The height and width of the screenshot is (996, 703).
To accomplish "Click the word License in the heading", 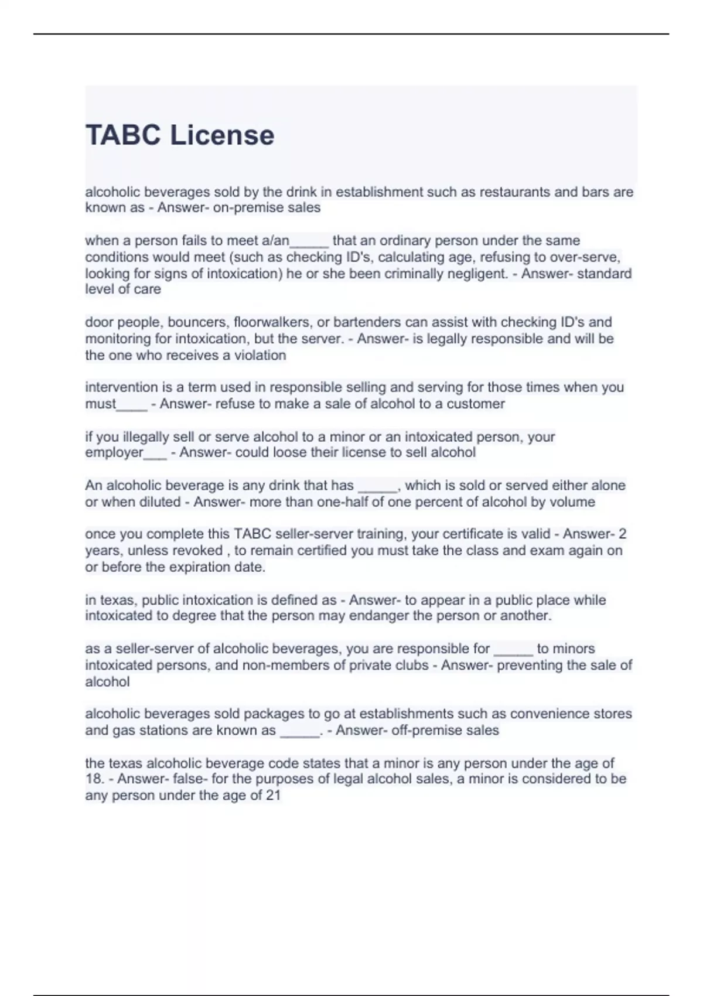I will click(x=222, y=135).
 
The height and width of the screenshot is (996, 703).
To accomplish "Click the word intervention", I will click(x=120, y=387).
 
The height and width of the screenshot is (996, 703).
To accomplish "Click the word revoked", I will click(x=201, y=551).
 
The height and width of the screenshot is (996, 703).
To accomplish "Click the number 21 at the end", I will click(x=273, y=796).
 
